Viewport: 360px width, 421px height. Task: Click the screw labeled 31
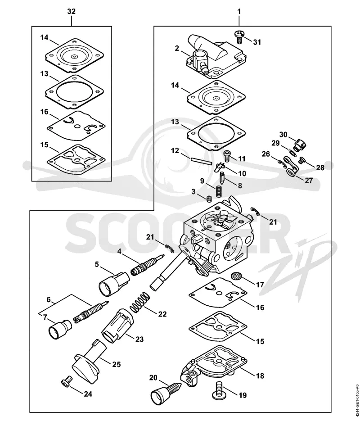coord(238,36)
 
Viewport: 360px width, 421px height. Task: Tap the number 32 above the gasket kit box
coord(72,12)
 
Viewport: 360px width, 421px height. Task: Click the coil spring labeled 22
coord(140,302)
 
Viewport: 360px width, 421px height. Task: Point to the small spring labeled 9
coord(220,191)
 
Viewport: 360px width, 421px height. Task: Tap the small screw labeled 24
coord(67,381)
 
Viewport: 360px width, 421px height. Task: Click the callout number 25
coord(116,364)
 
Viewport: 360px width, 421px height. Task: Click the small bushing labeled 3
coord(209,199)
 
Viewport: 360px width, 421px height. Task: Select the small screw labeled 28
coord(302,161)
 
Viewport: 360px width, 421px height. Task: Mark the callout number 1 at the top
coord(239,12)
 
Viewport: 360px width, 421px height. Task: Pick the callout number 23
coord(139,339)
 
